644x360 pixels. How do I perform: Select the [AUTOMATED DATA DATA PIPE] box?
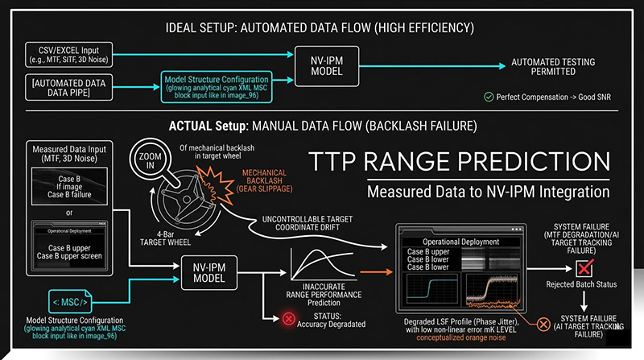pos(68,85)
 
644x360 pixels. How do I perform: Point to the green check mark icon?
pos(489,97)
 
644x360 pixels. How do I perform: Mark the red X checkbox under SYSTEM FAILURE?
pos(585,267)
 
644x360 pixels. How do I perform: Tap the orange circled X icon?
pos(544,325)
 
